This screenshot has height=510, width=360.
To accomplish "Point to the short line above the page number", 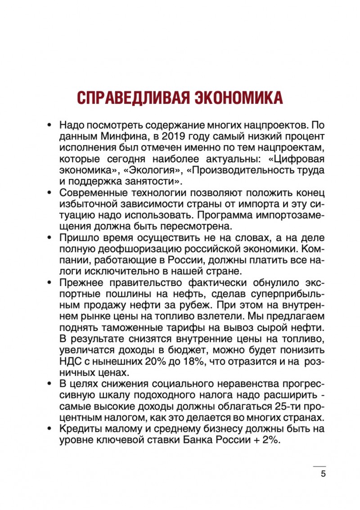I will [319, 466].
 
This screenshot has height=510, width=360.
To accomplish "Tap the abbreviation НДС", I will [70, 361].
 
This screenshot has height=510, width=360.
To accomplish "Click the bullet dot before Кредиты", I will [51, 429].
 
